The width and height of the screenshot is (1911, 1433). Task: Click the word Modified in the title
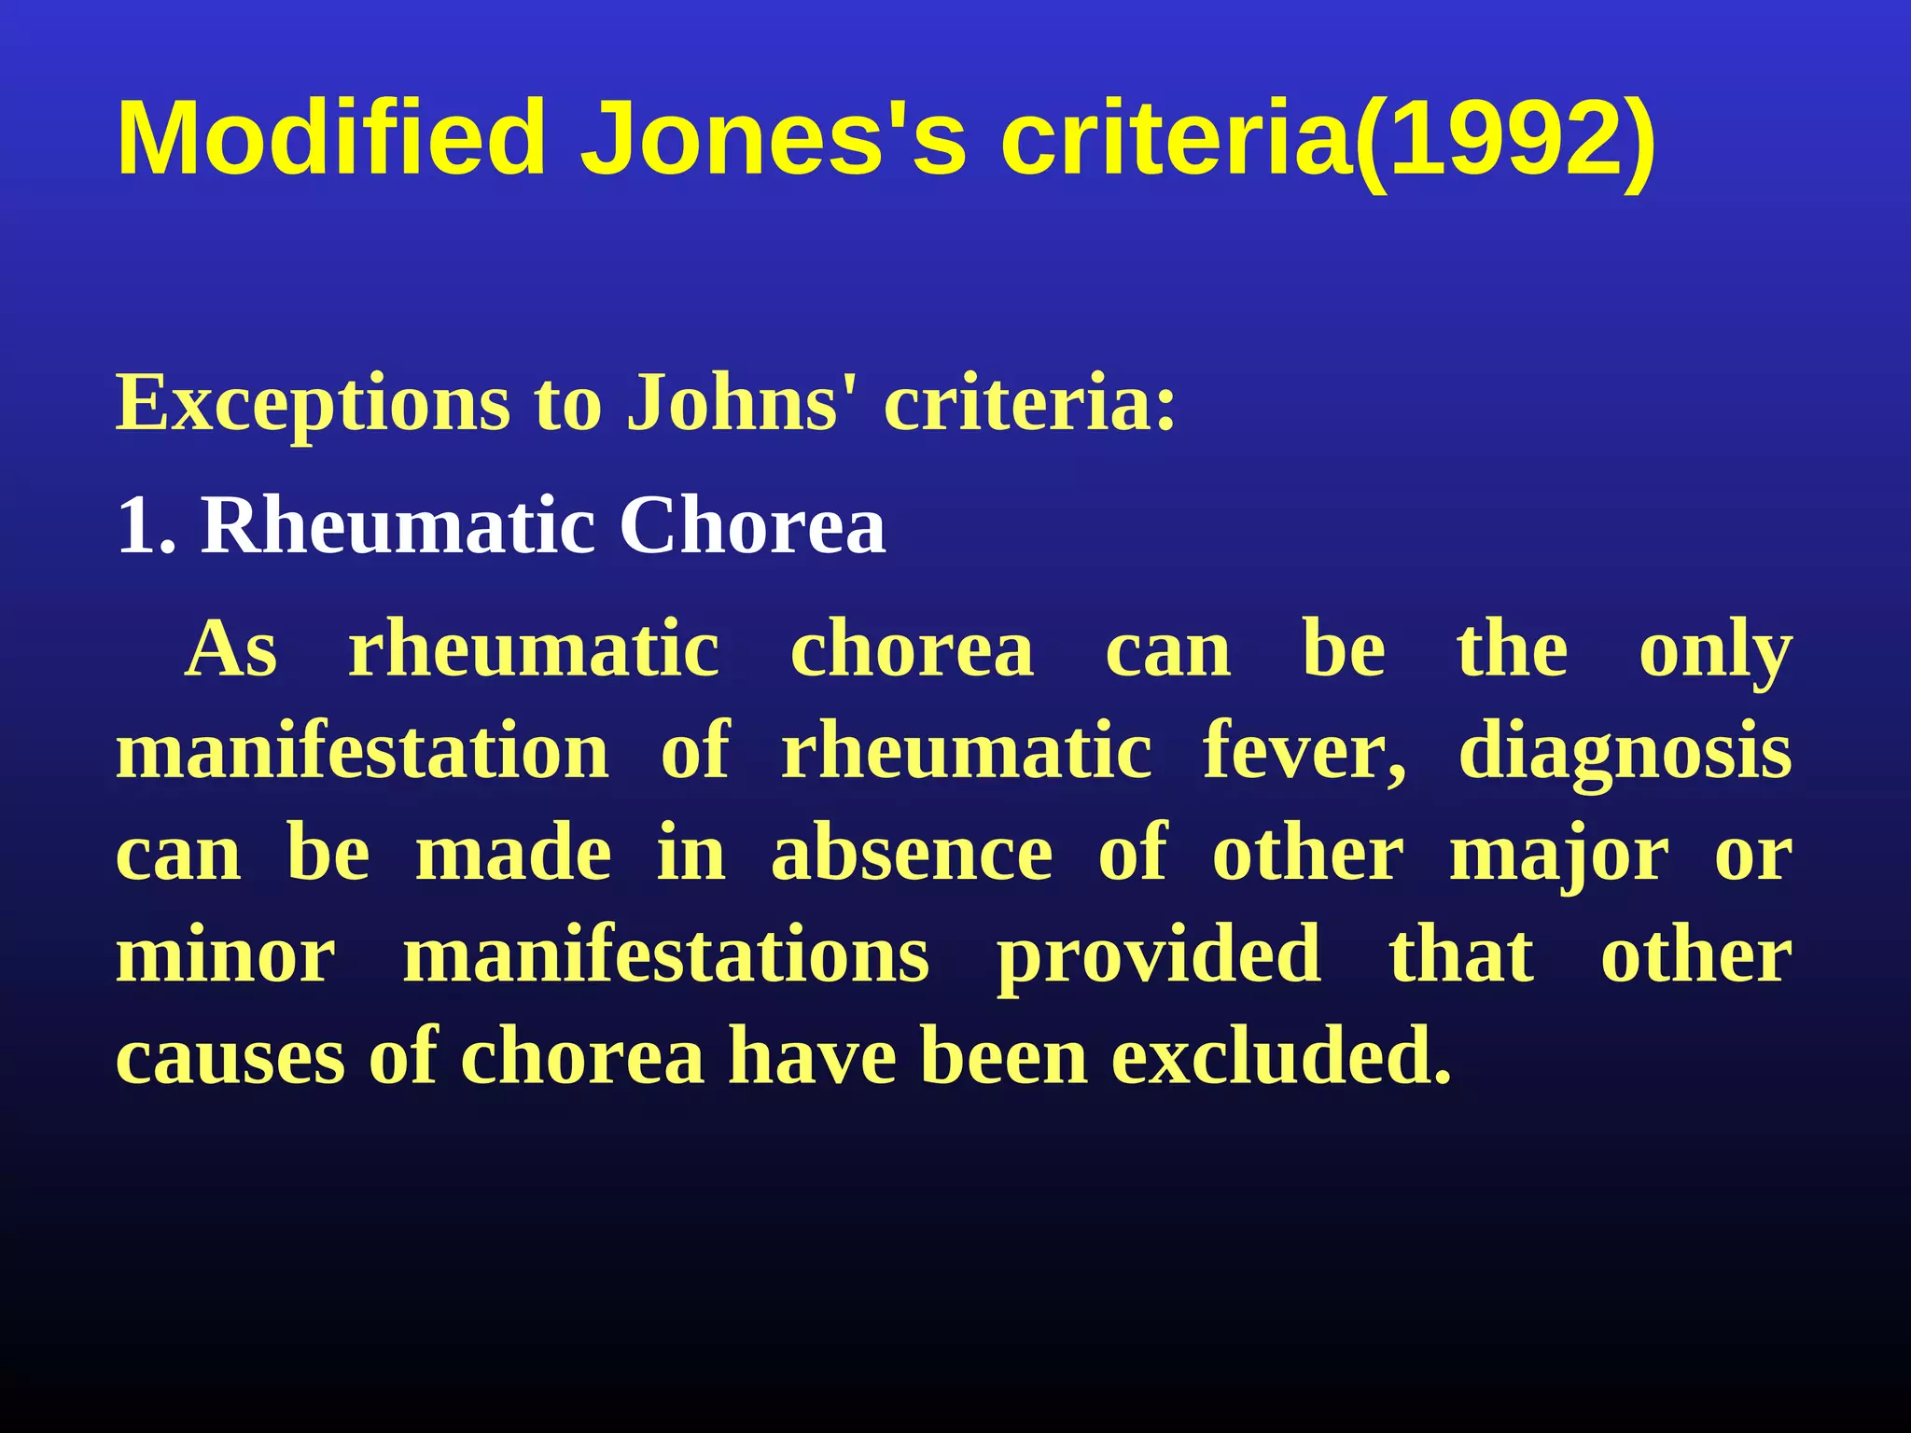[x=330, y=138]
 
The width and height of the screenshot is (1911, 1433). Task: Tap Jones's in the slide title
[x=773, y=138]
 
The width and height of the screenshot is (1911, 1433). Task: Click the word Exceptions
[x=314, y=404]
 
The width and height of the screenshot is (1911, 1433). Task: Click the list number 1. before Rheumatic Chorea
[x=146, y=526]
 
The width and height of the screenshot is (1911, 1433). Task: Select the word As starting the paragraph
[x=231, y=649]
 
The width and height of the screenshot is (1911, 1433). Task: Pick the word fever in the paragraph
[x=1303, y=751]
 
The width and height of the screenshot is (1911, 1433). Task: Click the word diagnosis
[x=1625, y=753]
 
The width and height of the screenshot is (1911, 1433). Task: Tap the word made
[x=513, y=854]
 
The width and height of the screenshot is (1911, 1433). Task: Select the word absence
[x=912, y=854]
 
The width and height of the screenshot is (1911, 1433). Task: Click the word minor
[x=225, y=956]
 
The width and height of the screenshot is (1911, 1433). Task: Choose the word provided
[x=1159, y=956]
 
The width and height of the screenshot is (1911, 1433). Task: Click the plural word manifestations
[x=665, y=956]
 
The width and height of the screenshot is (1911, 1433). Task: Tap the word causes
[x=230, y=1058]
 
